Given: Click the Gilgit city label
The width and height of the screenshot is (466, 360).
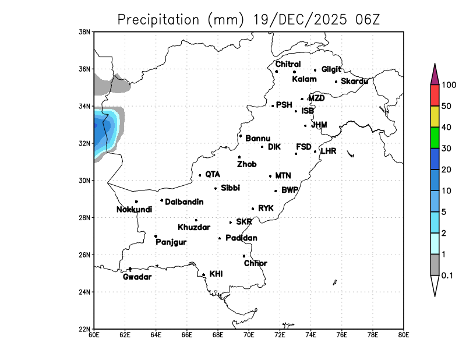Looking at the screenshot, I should (331, 69).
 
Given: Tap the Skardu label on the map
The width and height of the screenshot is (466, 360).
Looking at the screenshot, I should (354, 81).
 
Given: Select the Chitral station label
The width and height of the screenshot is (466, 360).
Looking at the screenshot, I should (288, 64).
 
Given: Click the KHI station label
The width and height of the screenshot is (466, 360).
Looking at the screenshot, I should (216, 273).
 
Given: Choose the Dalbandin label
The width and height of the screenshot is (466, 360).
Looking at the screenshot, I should (184, 202).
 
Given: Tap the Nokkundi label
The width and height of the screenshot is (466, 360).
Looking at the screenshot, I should (135, 210).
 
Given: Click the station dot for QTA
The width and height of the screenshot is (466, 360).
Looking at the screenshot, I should (200, 175).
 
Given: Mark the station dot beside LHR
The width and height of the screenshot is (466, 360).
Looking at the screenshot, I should (315, 151).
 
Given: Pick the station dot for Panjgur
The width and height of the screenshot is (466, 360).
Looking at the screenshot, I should (156, 236).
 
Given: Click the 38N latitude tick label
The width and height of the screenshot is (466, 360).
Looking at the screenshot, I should (85, 31).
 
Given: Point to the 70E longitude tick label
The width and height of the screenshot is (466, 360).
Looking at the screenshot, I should (249, 335).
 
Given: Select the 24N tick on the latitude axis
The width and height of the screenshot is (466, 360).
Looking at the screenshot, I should (85, 292).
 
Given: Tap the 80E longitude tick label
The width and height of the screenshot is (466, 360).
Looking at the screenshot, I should (403, 335).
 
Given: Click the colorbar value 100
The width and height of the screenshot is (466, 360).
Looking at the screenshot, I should (449, 85).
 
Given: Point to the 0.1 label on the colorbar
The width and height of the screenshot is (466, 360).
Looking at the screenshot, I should (447, 276).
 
